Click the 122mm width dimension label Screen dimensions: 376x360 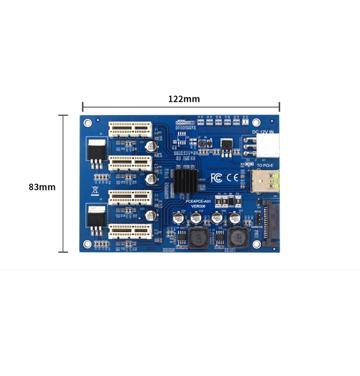(x=184, y=99)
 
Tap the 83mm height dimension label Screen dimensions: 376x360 (x=42, y=187)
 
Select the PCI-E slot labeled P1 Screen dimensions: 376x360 (x=132, y=129)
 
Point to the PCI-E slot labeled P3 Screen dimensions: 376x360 (x=131, y=197)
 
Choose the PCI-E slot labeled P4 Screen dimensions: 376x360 (x=131, y=231)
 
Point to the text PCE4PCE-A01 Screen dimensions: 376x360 (x=199, y=201)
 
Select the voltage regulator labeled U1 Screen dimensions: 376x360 (x=96, y=151)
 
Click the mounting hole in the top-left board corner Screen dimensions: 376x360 (x=88, y=123)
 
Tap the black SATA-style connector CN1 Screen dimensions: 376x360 (x=269, y=222)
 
